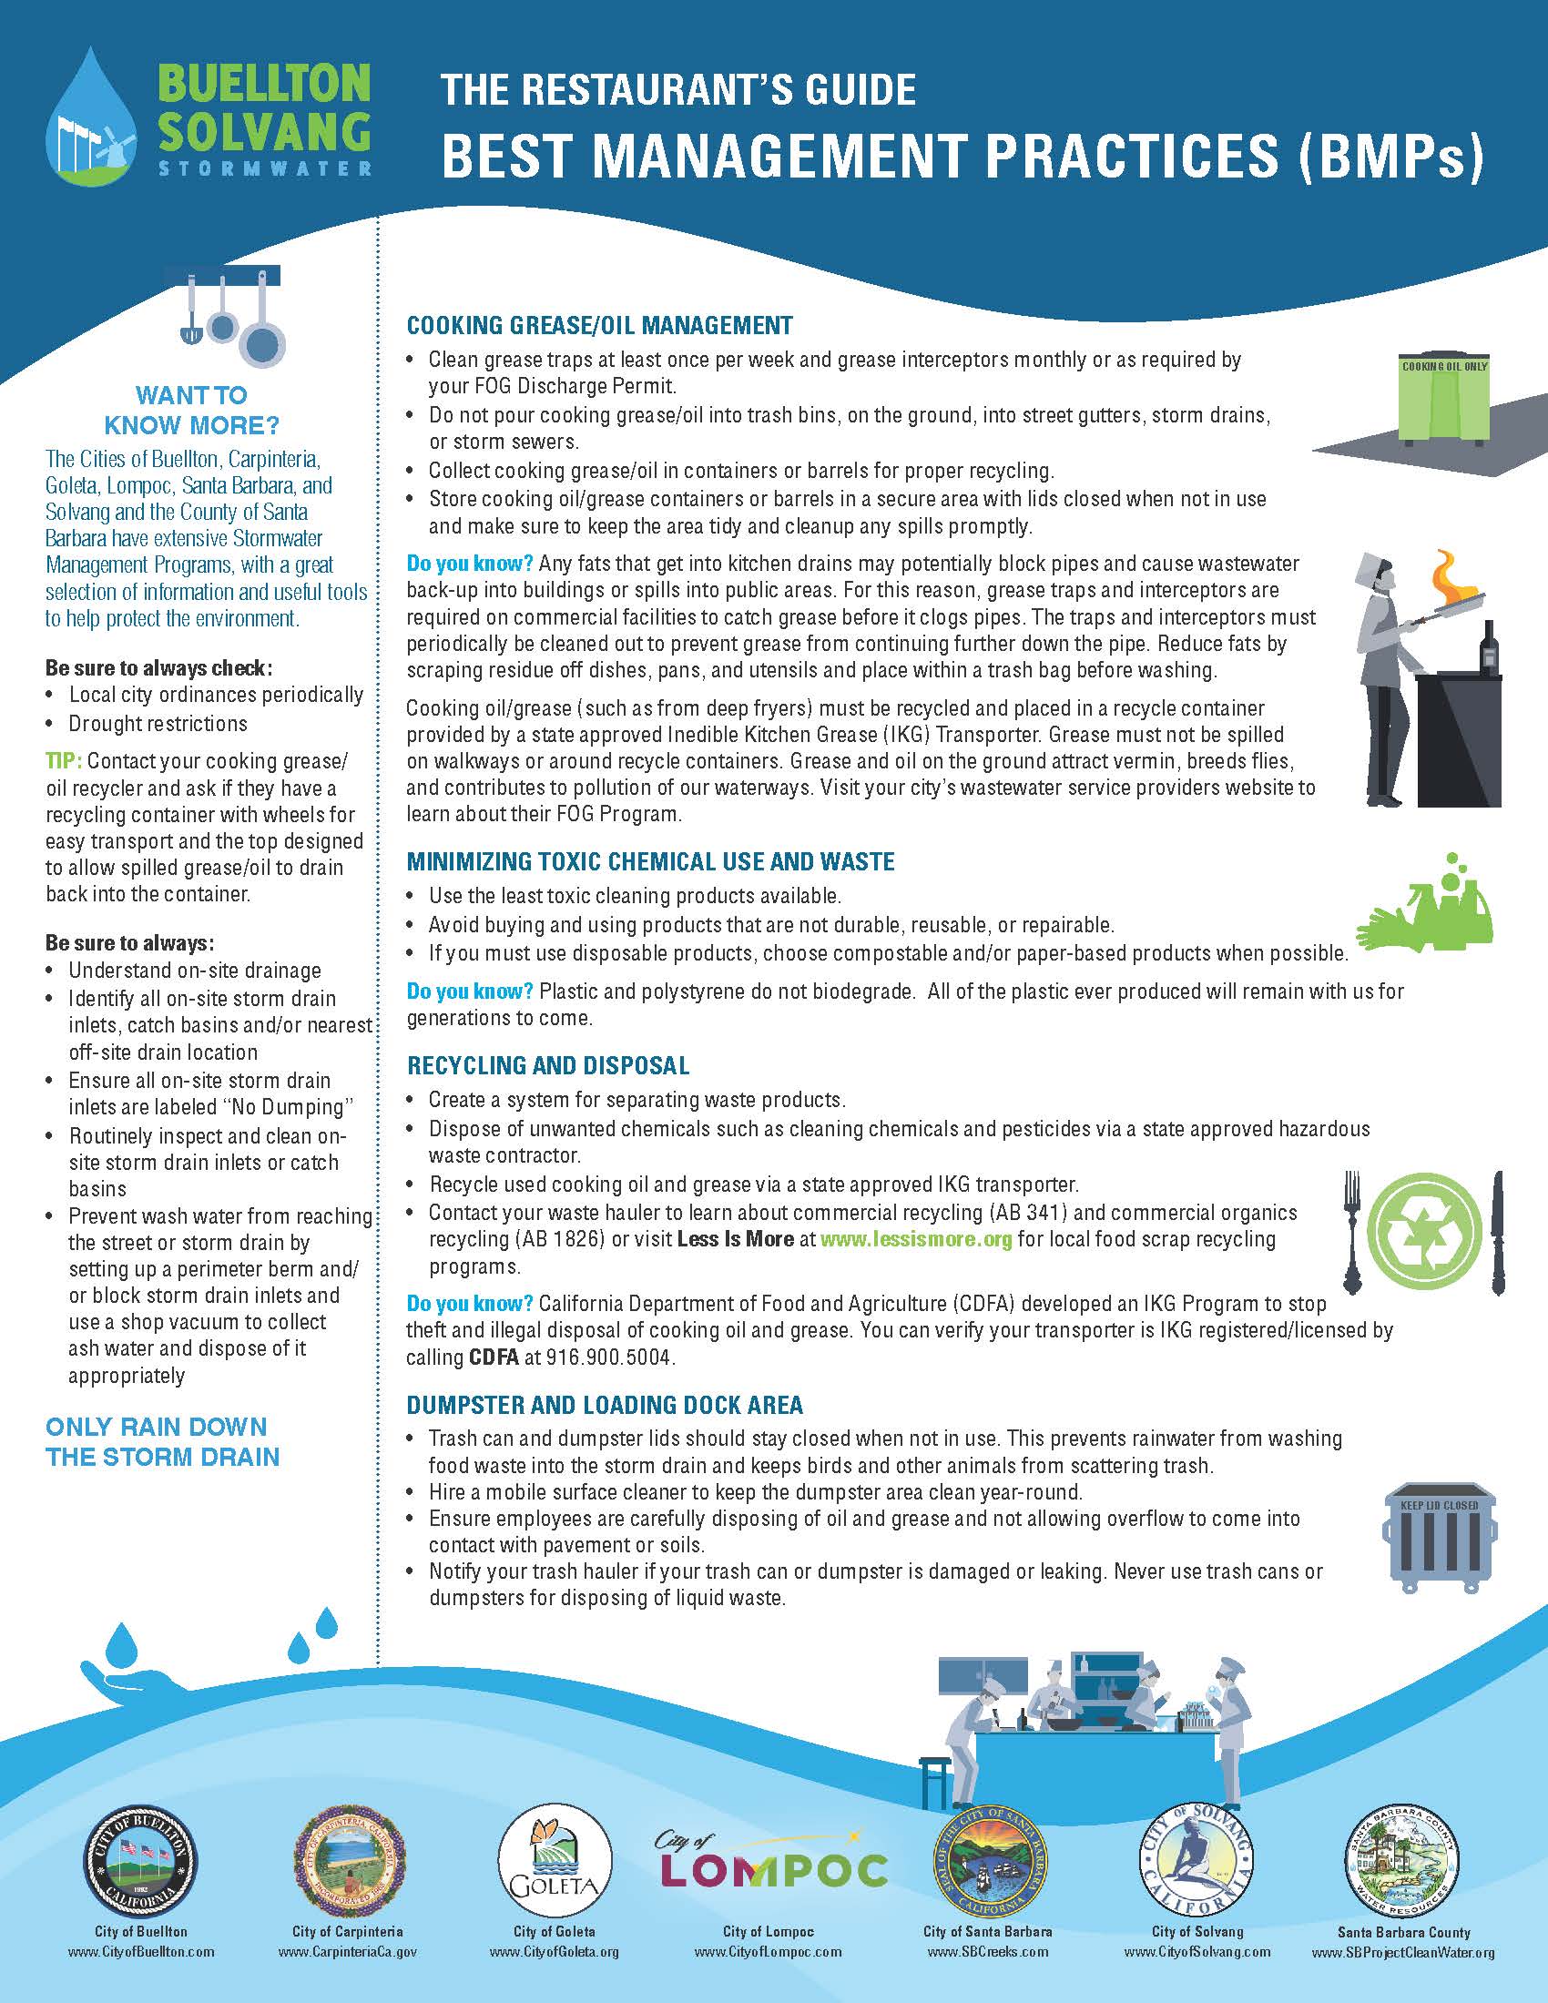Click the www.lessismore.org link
(916, 1239)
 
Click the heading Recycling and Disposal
(547, 1066)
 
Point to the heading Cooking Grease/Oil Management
(599, 326)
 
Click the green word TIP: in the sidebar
(64, 761)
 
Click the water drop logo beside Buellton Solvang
(91, 117)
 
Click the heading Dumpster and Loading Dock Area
(605, 1404)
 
